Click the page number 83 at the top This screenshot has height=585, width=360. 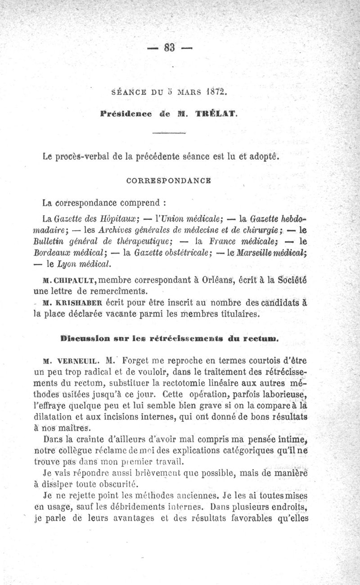[170, 47]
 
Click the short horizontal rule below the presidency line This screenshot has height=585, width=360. [169, 134]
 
